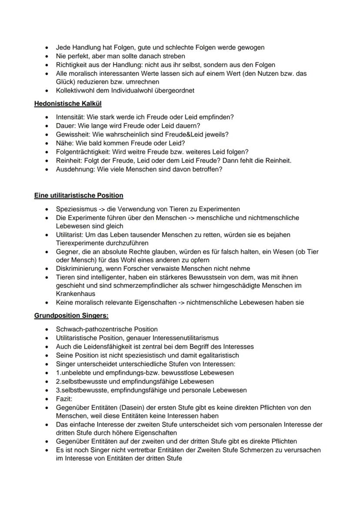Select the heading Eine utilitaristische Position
(x=79, y=195)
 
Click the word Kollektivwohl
(x=76, y=91)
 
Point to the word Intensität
(x=70, y=117)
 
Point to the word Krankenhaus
(x=75, y=294)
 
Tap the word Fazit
(x=63, y=399)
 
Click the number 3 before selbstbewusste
(x=58, y=390)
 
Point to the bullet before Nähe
(x=47, y=143)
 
